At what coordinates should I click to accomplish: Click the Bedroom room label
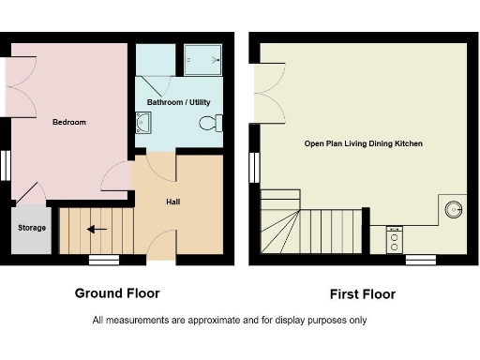point(68,122)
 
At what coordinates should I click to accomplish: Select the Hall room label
point(173,201)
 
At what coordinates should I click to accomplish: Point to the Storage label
point(29,226)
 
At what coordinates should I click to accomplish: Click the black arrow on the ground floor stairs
point(97,229)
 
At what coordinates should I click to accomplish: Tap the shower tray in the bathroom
point(203,59)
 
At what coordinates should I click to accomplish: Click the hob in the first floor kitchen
point(394,237)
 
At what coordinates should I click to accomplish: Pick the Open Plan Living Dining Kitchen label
point(363,143)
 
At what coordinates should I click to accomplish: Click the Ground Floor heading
point(117,293)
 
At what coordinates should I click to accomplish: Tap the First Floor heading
point(362,294)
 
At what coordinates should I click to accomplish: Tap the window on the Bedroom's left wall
point(5,165)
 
